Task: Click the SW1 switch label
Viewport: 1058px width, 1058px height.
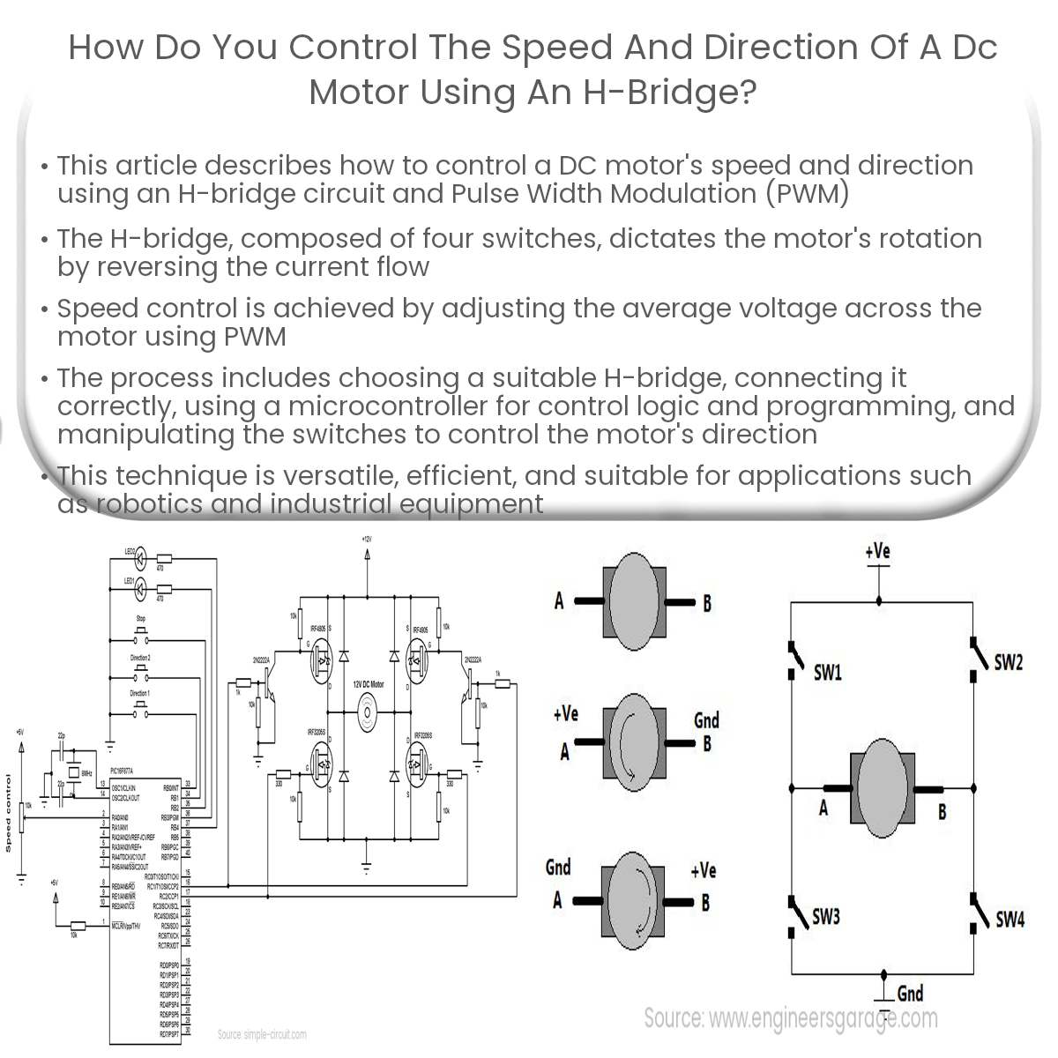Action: [x=827, y=674]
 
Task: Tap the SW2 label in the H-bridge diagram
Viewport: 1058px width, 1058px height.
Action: [x=1008, y=662]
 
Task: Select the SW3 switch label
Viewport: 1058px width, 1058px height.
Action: [x=825, y=917]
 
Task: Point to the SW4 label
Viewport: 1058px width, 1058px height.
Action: [x=1010, y=920]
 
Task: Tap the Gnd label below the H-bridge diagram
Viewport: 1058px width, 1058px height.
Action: [x=910, y=994]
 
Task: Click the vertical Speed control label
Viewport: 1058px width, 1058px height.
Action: [x=8, y=813]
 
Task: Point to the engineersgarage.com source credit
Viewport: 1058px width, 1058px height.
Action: [x=791, y=1019]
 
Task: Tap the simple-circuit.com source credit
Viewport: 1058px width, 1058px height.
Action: [x=262, y=1034]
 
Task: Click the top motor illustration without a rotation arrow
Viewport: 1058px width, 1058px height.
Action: [x=633, y=597]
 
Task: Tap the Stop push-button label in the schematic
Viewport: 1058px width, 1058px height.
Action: [x=140, y=619]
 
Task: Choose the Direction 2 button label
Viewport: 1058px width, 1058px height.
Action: [x=140, y=658]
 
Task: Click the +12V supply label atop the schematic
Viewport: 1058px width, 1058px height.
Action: [x=367, y=539]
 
